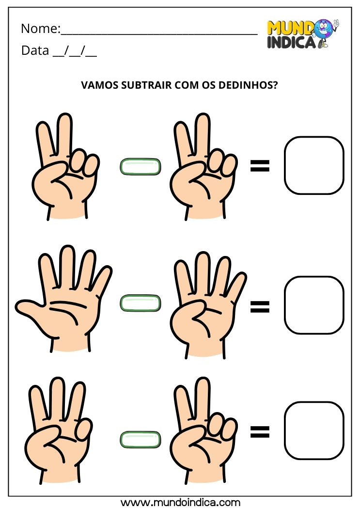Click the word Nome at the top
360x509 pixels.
click(x=39, y=29)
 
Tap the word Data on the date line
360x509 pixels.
click(x=34, y=50)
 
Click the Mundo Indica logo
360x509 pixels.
click(x=302, y=34)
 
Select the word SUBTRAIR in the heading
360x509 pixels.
click(x=146, y=85)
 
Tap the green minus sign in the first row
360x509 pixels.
click(x=140, y=167)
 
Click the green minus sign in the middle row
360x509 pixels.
click(x=140, y=303)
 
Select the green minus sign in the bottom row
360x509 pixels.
click(x=140, y=439)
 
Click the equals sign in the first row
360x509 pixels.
click(x=259, y=167)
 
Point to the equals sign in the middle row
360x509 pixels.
click(x=259, y=306)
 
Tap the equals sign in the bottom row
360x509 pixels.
click(x=259, y=431)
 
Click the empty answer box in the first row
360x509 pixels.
click(x=314, y=165)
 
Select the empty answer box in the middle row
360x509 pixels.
click(x=314, y=305)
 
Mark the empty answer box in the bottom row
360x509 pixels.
click(x=314, y=430)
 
